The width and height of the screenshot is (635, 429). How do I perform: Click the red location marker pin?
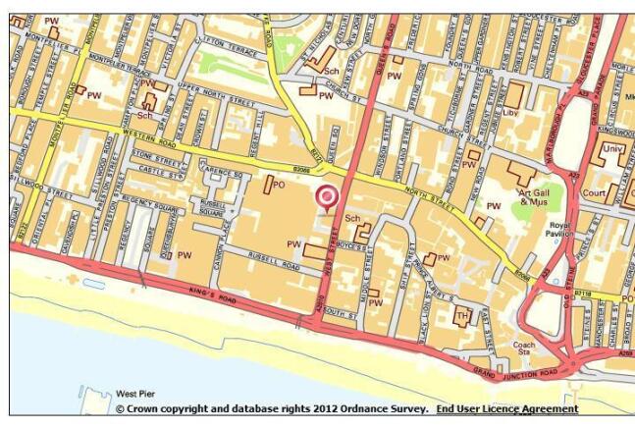(326, 197)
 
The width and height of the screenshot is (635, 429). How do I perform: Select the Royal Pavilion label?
(560, 228)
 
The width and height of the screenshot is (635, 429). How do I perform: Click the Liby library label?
(538, 114)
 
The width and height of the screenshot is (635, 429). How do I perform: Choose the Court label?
(620, 194)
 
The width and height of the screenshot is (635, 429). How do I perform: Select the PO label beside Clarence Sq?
(278, 185)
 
